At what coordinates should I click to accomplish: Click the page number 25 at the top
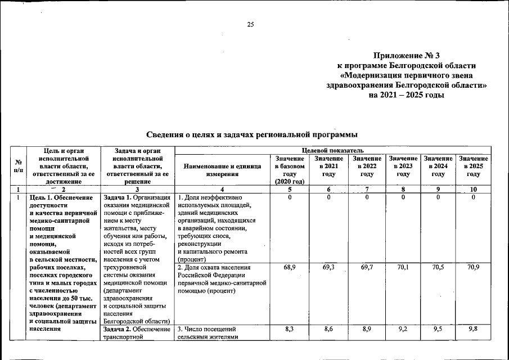251,24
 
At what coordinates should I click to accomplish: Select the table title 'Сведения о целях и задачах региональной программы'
252,134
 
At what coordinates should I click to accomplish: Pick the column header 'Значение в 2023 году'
403,166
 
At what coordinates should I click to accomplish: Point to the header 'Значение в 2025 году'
472,166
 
